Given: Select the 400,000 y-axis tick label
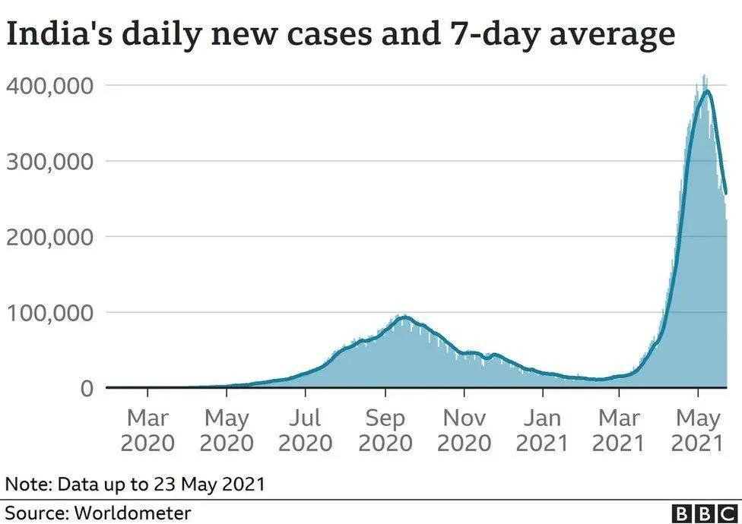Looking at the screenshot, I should [x=51, y=86].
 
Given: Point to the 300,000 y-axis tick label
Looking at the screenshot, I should [x=51, y=161].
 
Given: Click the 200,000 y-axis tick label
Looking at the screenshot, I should [x=51, y=237].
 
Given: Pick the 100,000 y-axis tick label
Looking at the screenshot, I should [x=51, y=312].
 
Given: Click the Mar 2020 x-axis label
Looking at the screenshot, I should [x=147, y=430].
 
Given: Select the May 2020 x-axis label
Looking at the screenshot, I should [x=227, y=430].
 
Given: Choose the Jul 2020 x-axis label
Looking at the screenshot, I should [x=306, y=430].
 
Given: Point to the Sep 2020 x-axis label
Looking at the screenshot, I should [x=385, y=430].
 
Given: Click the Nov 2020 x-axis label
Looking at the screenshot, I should [x=465, y=430].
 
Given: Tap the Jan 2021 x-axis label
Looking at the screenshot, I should [x=543, y=430].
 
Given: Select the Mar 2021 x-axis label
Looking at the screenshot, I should [x=619, y=430].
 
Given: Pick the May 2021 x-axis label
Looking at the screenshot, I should [x=698, y=430].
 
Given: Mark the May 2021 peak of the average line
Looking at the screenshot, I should [x=707, y=91].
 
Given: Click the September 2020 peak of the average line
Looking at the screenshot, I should [x=404, y=317].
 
